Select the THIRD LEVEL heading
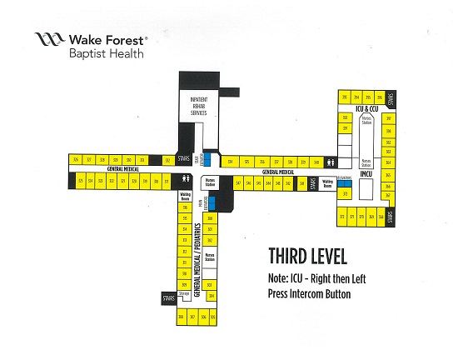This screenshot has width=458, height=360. (x=307, y=257)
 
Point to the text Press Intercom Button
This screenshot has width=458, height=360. (x=309, y=294)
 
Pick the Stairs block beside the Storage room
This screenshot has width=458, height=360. (x=170, y=297)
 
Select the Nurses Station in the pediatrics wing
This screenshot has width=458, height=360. (x=210, y=257)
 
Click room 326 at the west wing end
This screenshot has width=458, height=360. (x=76, y=159)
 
